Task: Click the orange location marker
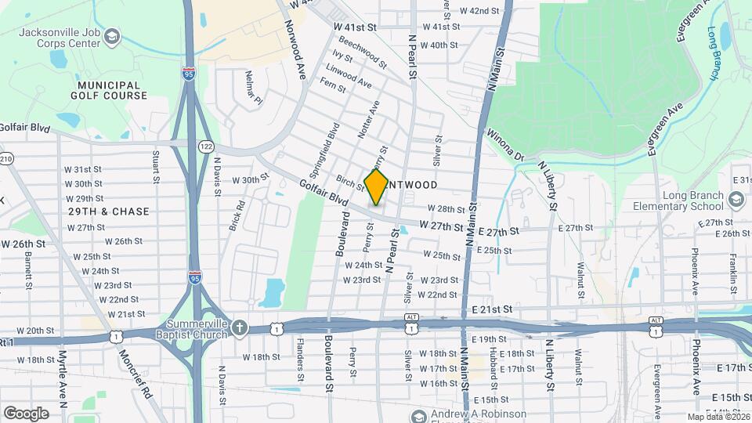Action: (377, 187)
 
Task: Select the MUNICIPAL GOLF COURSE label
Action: (112, 89)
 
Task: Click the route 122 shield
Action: (206, 146)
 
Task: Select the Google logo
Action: (26, 413)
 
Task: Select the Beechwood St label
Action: (363, 53)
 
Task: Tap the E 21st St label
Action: (491, 310)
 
